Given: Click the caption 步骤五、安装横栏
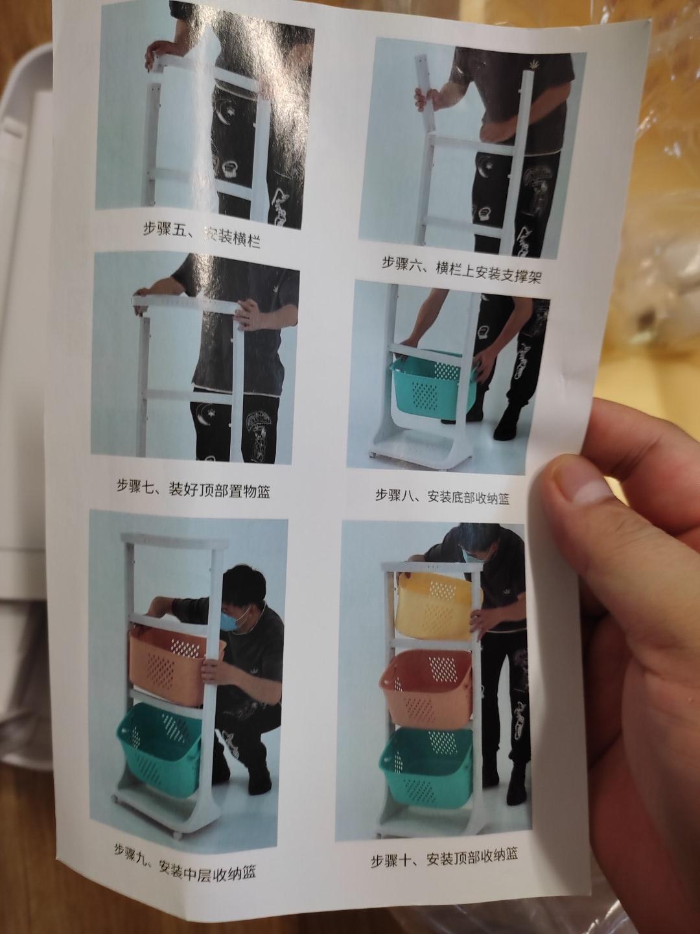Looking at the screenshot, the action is click(x=201, y=235).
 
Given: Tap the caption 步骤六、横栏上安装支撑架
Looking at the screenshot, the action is click(x=461, y=271).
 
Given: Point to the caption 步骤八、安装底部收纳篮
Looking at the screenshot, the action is click(x=442, y=496).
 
